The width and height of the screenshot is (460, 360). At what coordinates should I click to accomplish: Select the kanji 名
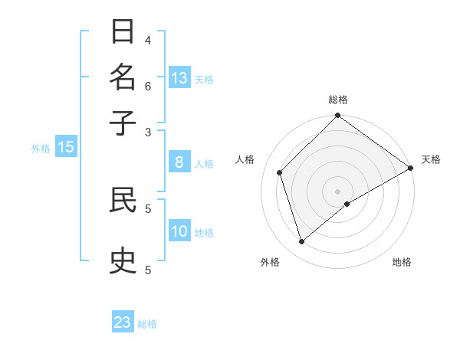tap(123, 78)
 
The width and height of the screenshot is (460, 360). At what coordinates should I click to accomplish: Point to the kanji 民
tap(123, 201)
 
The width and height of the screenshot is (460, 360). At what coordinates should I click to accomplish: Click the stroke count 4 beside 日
tap(148, 40)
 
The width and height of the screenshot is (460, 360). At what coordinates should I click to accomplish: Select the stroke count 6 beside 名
tap(148, 85)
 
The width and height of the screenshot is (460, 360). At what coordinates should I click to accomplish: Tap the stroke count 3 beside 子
tap(148, 131)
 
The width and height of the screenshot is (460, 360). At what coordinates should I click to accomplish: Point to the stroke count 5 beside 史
tap(148, 270)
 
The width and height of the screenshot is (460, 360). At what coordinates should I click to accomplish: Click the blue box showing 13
tap(179, 78)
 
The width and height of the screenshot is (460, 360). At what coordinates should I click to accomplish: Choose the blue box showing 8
tap(179, 162)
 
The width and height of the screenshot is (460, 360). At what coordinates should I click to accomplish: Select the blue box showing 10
tap(179, 231)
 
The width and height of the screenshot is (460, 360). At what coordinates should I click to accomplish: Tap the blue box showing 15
tap(66, 147)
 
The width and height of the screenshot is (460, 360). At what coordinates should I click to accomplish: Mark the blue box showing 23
tap(123, 322)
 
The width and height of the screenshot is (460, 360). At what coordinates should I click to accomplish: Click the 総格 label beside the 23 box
tap(148, 324)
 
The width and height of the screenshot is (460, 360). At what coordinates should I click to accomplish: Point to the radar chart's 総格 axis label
tap(337, 100)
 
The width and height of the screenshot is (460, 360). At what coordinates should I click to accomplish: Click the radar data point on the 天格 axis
tap(410, 169)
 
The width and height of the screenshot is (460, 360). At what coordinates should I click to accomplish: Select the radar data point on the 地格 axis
tap(347, 204)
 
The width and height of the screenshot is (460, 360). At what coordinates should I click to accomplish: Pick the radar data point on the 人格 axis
tap(280, 172)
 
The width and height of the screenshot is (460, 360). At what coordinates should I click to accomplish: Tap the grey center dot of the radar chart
tap(337, 191)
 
